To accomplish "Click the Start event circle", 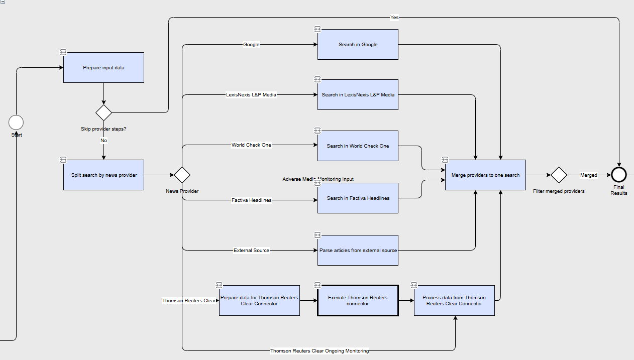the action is pos(16,123).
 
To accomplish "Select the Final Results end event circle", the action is pos(619,175).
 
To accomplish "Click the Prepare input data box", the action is pos(103,68).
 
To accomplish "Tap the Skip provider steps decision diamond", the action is pos(103,112).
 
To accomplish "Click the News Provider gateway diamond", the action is pos(182,175).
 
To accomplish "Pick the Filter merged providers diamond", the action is pos(559,175).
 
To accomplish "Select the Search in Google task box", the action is pos(358,44).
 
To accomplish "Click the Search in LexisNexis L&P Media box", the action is pos(358,95).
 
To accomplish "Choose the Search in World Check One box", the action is pos(358,146).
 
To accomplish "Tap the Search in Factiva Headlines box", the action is pos(358,198).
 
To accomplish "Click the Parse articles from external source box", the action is pos(358,250).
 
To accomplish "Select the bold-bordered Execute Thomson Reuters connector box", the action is pos(358,300).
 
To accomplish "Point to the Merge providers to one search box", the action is pos(485,175).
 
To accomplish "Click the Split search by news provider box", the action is pos(103,175).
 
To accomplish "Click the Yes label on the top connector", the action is pos(394,18).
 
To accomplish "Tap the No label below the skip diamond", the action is pos(103,141).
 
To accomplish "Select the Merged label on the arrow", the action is pos(589,175).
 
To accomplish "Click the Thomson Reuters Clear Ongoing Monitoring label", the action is pos(320,351).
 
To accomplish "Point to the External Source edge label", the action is pos(251,250).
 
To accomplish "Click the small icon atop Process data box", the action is pos(414,285).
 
